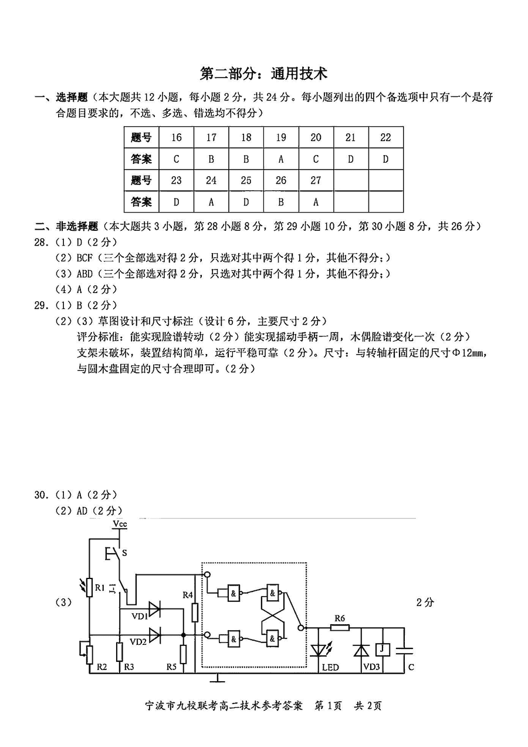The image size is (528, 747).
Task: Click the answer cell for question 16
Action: (177, 159)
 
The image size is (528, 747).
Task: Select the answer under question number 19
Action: (281, 159)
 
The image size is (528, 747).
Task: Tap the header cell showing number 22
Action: (385, 138)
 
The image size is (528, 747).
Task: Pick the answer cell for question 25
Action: (246, 202)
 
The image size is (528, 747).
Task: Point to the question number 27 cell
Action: (316, 181)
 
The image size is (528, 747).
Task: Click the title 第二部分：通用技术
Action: (263, 74)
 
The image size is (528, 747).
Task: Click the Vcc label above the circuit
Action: (120, 524)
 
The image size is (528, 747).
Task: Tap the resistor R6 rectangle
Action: (339, 627)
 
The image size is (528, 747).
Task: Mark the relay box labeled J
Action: (382, 649)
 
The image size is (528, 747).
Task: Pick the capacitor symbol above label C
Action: (404, 650)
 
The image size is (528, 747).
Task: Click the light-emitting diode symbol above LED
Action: (320, 650)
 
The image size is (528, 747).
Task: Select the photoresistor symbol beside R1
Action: (89, 587)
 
